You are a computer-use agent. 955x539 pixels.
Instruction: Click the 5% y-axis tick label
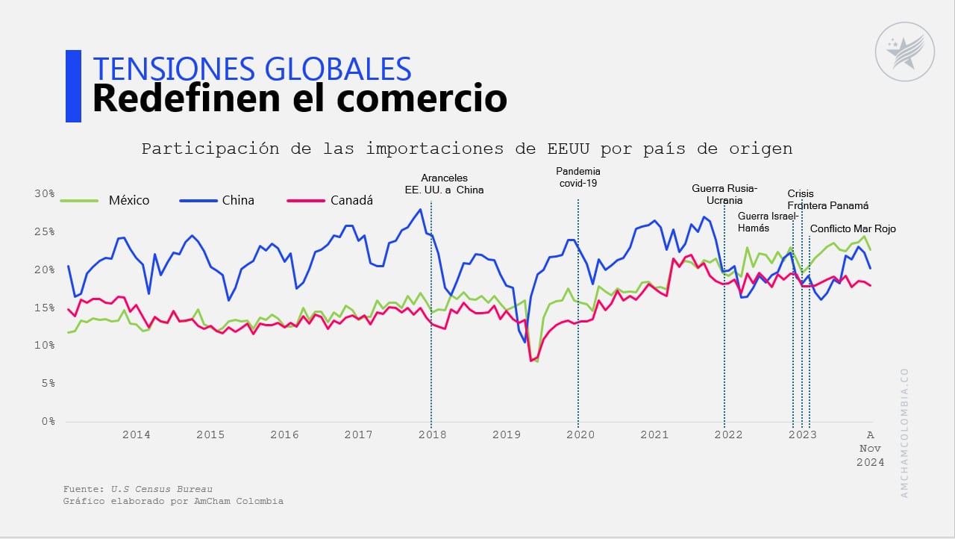coord(48,384)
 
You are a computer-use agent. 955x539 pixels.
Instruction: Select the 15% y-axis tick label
coord(45,308)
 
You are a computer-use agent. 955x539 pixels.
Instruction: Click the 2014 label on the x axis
coord(137,434)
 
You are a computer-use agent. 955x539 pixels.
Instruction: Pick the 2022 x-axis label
coord(727,434)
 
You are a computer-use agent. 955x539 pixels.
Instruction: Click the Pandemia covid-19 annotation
coord(577,177)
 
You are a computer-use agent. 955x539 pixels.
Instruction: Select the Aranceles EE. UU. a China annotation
coord(444,184)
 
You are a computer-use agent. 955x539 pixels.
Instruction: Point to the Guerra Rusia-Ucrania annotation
coord(724,194)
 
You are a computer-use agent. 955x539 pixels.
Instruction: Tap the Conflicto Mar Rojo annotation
coord(853,229)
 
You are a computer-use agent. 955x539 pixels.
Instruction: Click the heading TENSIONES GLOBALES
coord(251,68)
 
